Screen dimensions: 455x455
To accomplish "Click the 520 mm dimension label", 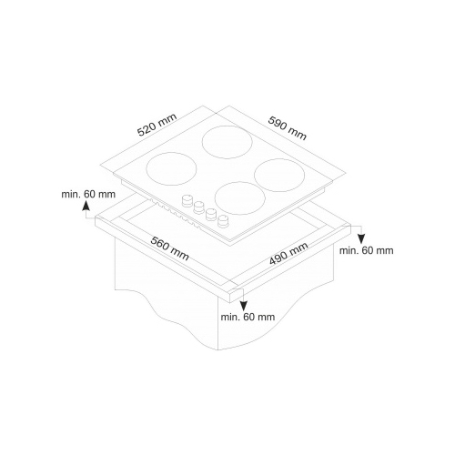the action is coord(157,125).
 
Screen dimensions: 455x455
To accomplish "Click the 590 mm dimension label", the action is coord(287,128).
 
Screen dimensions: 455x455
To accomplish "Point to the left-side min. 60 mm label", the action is coord(88,194).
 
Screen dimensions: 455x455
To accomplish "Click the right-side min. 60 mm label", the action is coord(366,250).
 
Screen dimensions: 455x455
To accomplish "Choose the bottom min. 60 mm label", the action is coord(248,317).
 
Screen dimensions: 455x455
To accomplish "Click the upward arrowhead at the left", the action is coord(86,206).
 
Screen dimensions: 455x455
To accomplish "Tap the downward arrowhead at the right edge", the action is coord(360,239).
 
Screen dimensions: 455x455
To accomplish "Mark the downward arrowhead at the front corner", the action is coord(244,306).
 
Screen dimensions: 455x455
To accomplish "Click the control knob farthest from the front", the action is coord(187,201).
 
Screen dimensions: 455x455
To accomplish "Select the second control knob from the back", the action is coord(198,207).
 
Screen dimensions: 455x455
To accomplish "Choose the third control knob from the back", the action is coord(211,215).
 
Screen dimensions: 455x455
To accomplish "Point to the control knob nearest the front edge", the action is coord(223,220).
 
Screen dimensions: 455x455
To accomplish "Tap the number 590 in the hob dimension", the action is coord(278,123).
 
